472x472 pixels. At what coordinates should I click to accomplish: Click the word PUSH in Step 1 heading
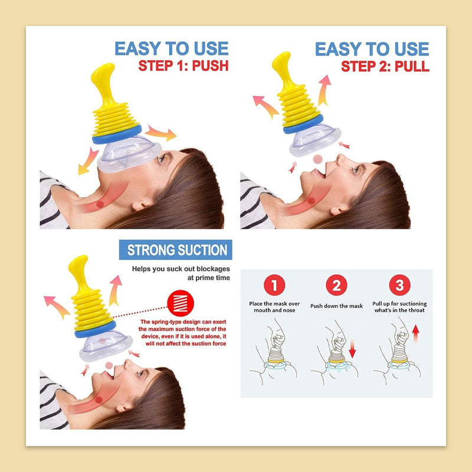click(x=210, y=65)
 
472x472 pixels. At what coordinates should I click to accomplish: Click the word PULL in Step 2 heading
click(x=412, y=66)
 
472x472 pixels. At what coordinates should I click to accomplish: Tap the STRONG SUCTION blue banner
click(x=175, y=250)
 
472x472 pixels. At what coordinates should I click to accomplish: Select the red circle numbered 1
click(x=274, y=285)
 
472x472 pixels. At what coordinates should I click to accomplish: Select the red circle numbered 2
click(x=336, y=285)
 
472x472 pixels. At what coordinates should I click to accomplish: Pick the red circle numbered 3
click(x=399, y=285)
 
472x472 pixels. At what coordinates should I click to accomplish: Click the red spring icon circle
click(x=181, y=303)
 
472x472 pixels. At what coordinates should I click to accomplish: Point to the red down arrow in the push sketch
click(x=352, y=348)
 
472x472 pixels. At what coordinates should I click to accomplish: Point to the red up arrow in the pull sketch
click(x=416, y=333)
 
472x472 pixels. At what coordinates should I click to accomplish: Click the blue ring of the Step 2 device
click(x=303, y=124)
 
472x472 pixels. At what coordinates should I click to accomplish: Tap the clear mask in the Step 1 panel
click(x=129, y=154)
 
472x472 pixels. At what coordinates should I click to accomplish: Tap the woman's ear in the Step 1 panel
click(x=139, y=205)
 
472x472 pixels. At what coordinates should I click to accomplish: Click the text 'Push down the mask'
click(x=336, y=306)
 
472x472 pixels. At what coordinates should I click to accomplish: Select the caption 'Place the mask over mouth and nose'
click(x=274, y=307)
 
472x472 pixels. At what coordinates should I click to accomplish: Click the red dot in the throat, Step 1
click(x=100, y=204)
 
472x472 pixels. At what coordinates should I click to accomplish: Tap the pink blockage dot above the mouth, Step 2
click(x=317, y=159)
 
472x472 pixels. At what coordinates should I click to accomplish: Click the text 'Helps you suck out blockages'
click(x=181, y=269)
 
